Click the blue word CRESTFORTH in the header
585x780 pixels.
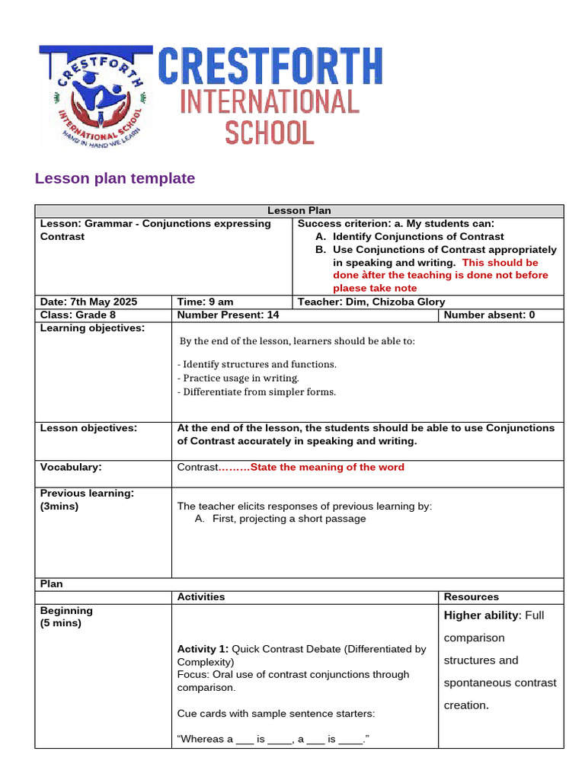(x=270, y=66)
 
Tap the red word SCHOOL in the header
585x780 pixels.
(x=269, y=132)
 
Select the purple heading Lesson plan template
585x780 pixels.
(x=115, y=178)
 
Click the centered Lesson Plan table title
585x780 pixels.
(x=299, y=211)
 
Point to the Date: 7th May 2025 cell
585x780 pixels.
(x=88, y=302)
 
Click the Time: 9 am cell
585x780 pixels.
(x=205, y=302)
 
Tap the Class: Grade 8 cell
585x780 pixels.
(x=78, y=315)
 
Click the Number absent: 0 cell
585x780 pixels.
(x=489, y=315)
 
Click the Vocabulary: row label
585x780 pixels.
(x=71, y=467)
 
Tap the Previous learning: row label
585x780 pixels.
(x=87, y=494)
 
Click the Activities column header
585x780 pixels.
(x=201, y=596)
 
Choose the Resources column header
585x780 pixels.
(x=472, y=596)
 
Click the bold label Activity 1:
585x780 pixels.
(x=203, y=649)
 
